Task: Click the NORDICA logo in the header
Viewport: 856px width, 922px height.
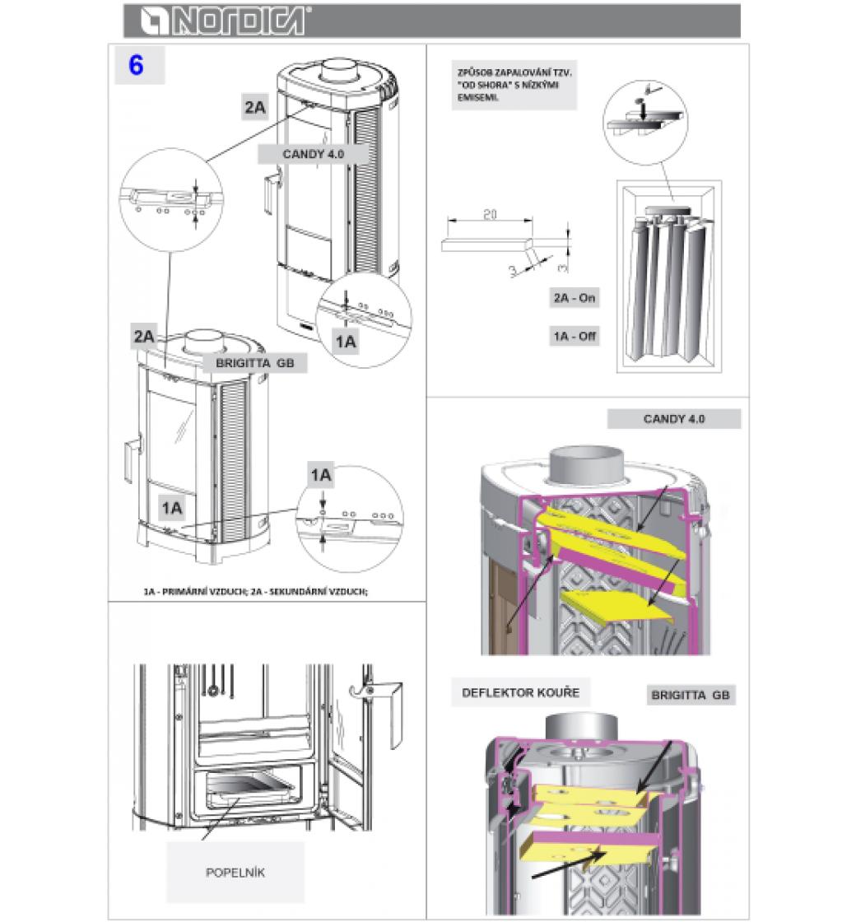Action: click(x=225, y=21)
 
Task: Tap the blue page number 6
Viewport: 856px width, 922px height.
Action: click(x=137, y=65)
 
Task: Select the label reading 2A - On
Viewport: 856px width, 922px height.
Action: click(x=574, y=298)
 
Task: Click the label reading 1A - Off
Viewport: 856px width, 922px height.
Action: click(x=575, y=336)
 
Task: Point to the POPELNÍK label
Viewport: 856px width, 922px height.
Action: click(x=235, y=873)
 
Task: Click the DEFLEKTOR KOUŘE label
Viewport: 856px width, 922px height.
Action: click(x=520, y=692)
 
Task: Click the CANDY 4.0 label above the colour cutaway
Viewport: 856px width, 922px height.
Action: click(x=674, y=419)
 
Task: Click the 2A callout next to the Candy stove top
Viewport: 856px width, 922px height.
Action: click(x=255, y=107)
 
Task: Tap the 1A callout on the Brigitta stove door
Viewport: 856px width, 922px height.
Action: click(x=172, y=508)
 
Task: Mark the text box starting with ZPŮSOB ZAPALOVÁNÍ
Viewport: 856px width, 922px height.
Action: click(x=514, y=85)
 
